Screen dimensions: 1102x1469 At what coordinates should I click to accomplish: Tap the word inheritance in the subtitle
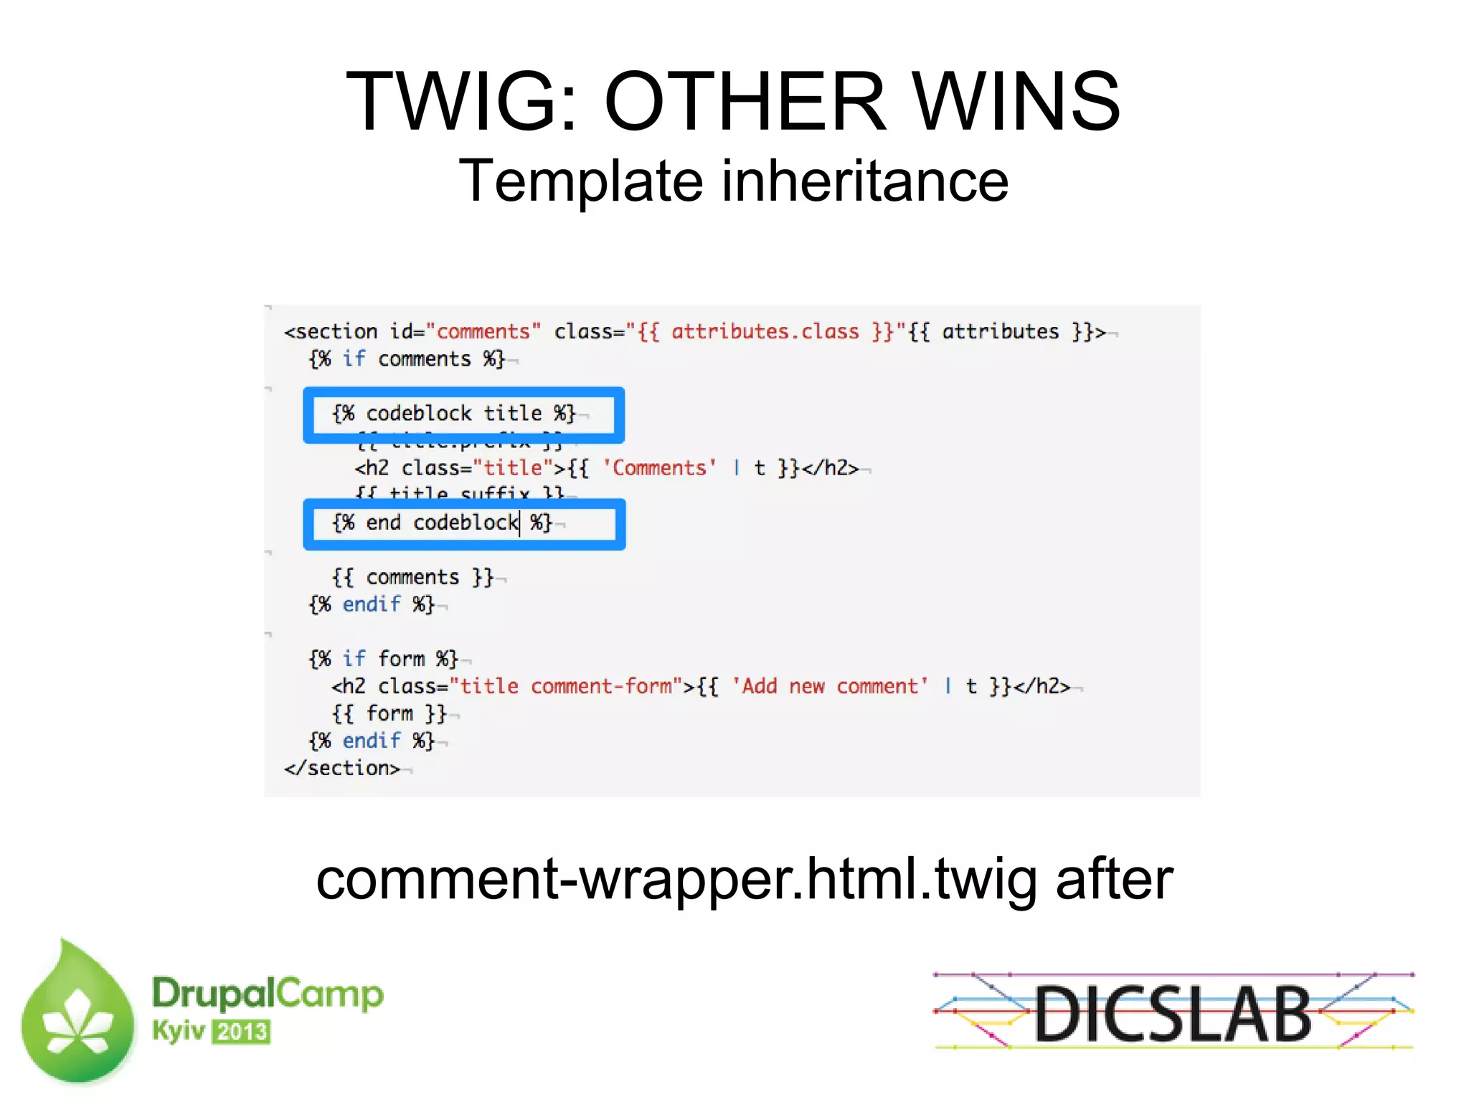[865, 181]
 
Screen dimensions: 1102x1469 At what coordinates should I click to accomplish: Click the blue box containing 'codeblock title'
[463, 415]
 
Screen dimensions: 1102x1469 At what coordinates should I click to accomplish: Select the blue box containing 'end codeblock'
[463, 524]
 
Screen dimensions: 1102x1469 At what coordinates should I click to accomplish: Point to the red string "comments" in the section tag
[483, 332]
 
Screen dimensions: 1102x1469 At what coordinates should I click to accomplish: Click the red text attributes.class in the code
[765, 332]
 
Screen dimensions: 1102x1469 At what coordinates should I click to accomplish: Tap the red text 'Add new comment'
[830, 687]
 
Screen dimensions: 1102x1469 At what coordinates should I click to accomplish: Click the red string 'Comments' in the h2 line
[659, 468]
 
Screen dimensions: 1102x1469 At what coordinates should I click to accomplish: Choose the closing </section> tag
[342, 769]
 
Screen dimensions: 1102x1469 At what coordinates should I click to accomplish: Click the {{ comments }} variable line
[412, 578]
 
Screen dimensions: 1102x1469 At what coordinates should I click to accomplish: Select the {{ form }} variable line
[389, 714]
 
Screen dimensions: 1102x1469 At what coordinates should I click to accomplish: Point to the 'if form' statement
[383, 659]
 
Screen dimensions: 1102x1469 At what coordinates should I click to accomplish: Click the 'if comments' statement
[407, 359]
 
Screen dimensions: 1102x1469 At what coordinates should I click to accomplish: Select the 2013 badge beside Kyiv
[242, 1032]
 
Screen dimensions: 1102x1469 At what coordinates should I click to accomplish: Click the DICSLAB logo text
[1173, 1014]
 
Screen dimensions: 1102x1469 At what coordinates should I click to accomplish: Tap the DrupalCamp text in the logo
[268, 994]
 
